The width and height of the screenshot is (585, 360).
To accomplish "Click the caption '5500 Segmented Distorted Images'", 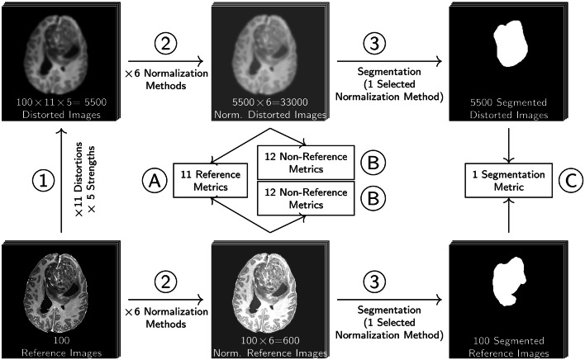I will pyautogui.click(x=507, y=109).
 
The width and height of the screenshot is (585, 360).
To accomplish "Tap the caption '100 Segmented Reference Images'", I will pyautogui.click(x=507, y=347).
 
